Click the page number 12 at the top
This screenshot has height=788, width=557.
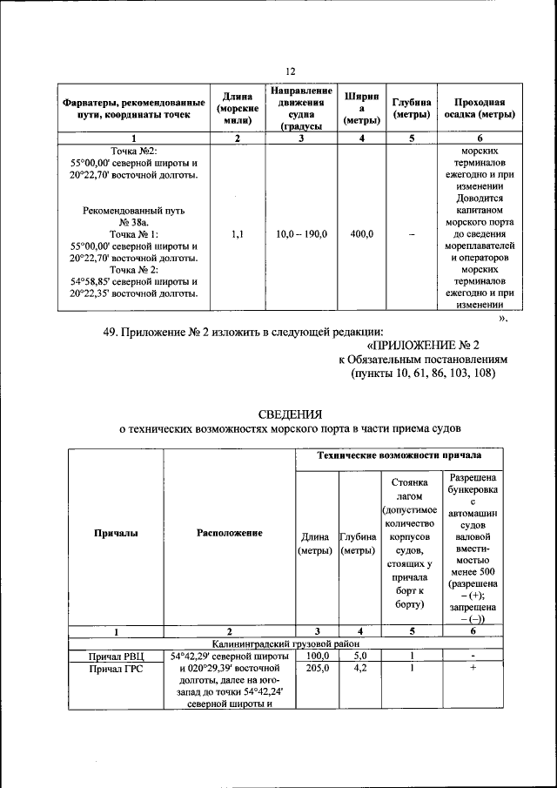(x=291, y=71)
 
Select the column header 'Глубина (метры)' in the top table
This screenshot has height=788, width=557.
(x=412, y=107)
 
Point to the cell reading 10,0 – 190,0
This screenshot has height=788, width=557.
(x=301, y=234)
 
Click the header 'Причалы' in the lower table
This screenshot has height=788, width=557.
(x=115, y=533)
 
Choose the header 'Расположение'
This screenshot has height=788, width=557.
(x=230, y=533)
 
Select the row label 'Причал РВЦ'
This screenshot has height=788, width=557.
(x=115, y=656)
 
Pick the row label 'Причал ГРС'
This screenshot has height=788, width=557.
(x=115, y=669)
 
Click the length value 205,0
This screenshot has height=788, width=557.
(x=318, y=669)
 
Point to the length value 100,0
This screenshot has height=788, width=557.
(x=318, y=656)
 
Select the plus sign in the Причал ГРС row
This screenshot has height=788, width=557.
(x=472, y=669)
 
